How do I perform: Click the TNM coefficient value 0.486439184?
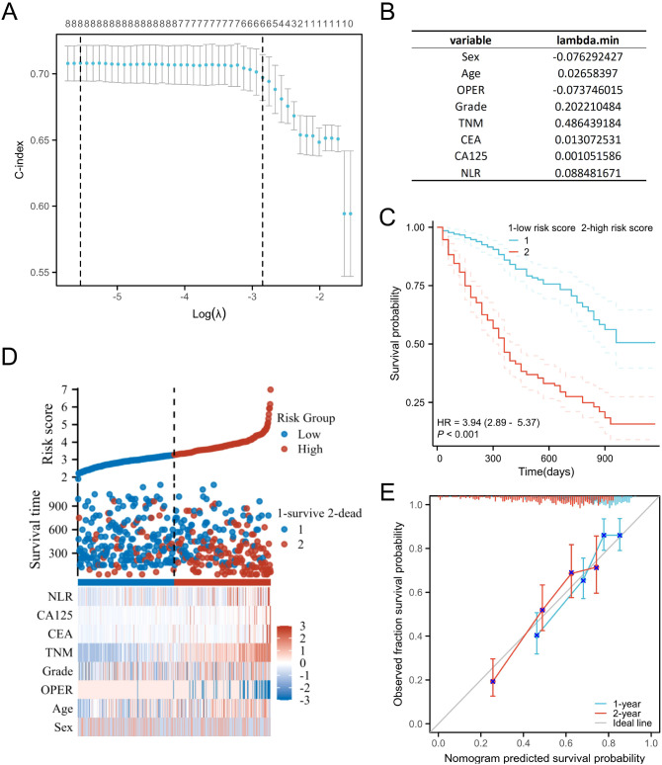tap(587, 123)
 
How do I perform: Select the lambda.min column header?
tap(587, 40)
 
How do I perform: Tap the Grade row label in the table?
tap(470, 107)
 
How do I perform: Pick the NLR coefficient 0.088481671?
tap(587, 173)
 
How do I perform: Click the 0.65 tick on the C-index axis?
tap(40, 140)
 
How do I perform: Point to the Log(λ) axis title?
tap(208, 313)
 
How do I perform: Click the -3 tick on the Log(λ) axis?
tap(252, 297)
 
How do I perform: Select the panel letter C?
tap(387, 217)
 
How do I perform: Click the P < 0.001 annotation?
tap(457, 434)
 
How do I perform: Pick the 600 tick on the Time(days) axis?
tap(548, 459)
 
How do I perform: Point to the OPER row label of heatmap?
tap(56, 690)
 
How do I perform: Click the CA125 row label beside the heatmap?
tap(54, 616)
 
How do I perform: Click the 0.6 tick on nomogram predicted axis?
tap(566, 743)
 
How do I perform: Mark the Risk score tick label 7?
tap(64, 389)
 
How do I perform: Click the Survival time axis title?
tap(36, 530)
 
